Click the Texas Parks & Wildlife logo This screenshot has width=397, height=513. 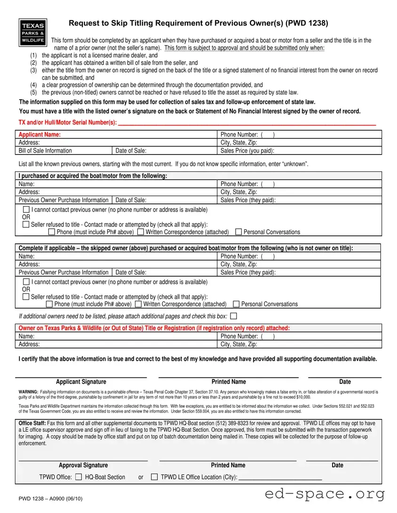click(32, 32)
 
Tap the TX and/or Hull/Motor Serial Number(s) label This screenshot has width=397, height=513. click(68, 123)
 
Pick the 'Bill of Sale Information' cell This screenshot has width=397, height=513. click(45, 151)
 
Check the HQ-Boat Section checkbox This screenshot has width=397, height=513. click(79, 477)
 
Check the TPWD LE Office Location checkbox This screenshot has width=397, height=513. click(154, 477)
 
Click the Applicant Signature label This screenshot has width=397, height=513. click(81, 382)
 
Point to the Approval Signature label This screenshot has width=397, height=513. click(83, 466)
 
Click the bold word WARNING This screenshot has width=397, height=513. click(28, 392)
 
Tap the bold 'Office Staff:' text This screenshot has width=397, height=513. click(32, 423)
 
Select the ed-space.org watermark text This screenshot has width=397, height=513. click(325, 494)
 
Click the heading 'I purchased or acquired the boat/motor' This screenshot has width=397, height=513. click(93, 176)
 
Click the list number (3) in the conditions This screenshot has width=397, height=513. click(33, 70)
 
